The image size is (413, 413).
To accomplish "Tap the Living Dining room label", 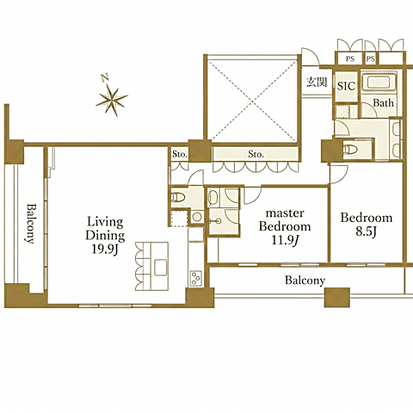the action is (105, 229).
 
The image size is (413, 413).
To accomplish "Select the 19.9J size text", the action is (105, 249).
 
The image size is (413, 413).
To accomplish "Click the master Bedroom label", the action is (285, 220).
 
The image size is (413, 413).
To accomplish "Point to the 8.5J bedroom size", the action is (367, 231).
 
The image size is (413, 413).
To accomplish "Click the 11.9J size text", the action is (285, 240).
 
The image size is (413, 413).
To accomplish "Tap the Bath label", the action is (383, 102).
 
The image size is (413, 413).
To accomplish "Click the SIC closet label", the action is (346, 86).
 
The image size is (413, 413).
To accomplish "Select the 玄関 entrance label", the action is (317, 83).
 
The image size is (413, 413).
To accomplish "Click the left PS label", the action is (350, 59).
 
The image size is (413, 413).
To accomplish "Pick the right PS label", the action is (371, 59).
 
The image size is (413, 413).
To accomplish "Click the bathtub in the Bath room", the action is (379, 83).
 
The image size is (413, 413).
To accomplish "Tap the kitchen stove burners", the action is (195, 278).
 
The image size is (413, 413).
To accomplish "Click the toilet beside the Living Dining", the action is (178, 197).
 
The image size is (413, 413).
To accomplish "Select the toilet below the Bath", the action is (351, 150).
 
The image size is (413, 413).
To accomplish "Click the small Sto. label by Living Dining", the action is (180, 154).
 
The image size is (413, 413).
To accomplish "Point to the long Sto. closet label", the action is (256, 154).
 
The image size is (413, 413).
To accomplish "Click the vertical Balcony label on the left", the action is (31, 224).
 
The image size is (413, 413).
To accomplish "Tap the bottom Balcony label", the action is (305, 280).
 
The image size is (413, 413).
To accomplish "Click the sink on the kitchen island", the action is (161, 268).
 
